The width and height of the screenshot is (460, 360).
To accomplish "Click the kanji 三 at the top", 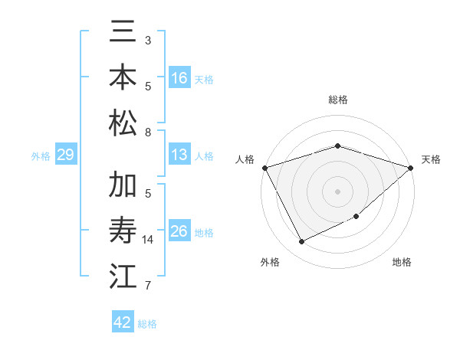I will point(123,34).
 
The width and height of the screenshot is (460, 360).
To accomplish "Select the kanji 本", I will point(123,78).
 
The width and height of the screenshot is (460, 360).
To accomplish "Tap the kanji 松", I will point(123,123).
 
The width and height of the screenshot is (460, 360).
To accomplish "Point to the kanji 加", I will point(123,186).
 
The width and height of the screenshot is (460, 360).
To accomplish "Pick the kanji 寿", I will point(123,231).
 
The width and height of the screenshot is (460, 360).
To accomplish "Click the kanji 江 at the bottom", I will point(123,276).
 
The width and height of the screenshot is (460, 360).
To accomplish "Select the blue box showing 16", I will point(179,78).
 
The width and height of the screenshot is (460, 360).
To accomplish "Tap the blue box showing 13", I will point(179,155).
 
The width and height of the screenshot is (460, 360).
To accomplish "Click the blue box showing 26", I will point(179,231).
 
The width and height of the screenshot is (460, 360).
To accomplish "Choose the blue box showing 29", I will point(65,155).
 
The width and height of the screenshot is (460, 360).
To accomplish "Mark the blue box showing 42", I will point(123,322).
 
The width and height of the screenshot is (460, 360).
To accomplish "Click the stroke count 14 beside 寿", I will point(148,240).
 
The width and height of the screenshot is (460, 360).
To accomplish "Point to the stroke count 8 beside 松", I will point(148,132).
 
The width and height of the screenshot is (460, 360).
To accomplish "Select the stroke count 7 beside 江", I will point(148,286).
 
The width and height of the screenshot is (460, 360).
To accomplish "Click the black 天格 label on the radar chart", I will point(431,159).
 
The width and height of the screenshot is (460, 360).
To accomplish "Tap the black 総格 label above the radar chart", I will point(337,100).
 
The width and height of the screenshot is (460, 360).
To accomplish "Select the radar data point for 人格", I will point(265,167).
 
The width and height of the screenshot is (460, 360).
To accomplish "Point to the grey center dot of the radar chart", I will point(337,191).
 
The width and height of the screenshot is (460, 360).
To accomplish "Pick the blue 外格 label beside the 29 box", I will point(41,156).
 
